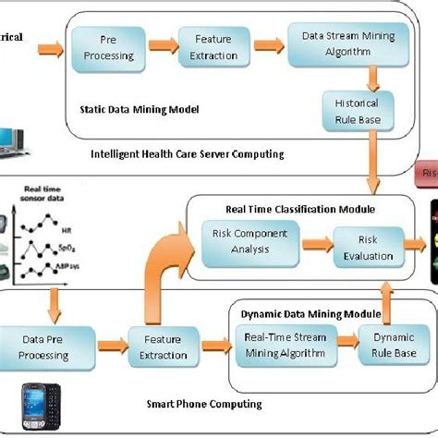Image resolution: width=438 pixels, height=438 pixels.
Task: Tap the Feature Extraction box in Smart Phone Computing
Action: [163, 343]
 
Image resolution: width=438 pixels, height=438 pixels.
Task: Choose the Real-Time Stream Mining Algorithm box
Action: [286, 344]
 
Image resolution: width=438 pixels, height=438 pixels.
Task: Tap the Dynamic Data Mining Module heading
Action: [304, 315]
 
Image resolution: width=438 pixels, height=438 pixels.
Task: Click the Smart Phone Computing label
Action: [204, 403]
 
